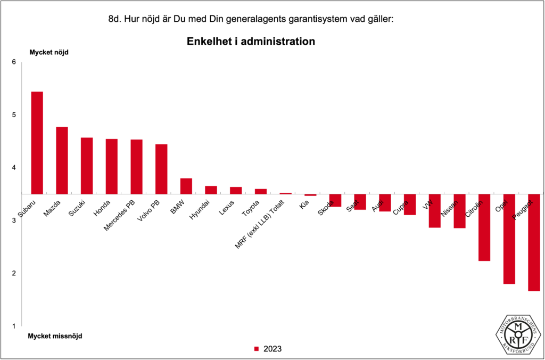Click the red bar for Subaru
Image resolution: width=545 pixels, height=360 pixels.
[37, 143]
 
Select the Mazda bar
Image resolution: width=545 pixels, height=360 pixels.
[62, 160]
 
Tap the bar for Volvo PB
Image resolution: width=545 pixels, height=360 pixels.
[161, 169]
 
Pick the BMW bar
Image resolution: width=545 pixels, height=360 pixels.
[186, 186]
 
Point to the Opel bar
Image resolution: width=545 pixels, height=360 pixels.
[509, 239]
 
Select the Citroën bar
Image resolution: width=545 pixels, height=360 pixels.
[484, 227]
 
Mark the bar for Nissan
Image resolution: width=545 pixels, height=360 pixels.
[460, 211]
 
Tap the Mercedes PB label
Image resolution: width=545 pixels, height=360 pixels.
[123, 215]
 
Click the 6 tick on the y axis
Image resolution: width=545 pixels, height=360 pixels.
[14, 62]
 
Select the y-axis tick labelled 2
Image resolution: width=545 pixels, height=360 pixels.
[14, 273]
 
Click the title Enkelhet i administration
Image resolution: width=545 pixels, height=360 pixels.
[251, 41]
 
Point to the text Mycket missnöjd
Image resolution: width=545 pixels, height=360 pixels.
[55, 336]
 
